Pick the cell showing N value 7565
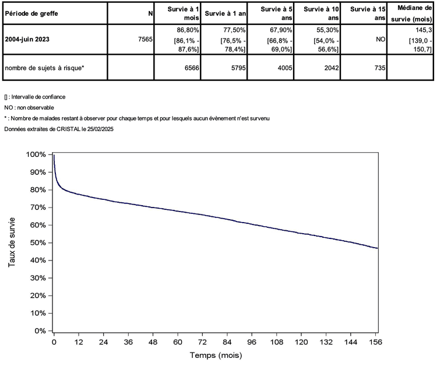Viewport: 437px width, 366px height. click(x=144, y=40)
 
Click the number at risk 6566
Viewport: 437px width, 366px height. click(x=192, y=68)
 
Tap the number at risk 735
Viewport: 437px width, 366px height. click(x=379, y=68)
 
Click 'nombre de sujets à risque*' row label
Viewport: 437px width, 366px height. click(x=44, y=68)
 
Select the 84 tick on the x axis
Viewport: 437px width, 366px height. click(x=227, y=342)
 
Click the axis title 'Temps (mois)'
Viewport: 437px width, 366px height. click(x=216, y=355)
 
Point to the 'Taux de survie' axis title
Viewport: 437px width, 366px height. click(x=12, y=242)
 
